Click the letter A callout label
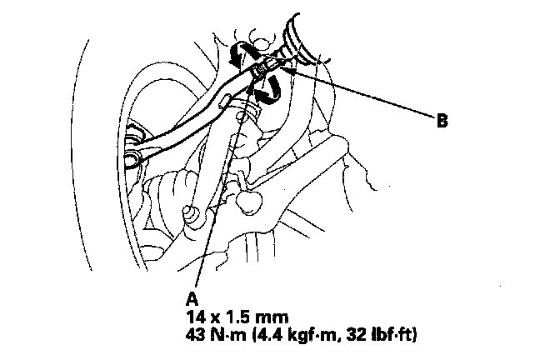point(192,296)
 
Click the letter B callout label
point(443,121)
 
